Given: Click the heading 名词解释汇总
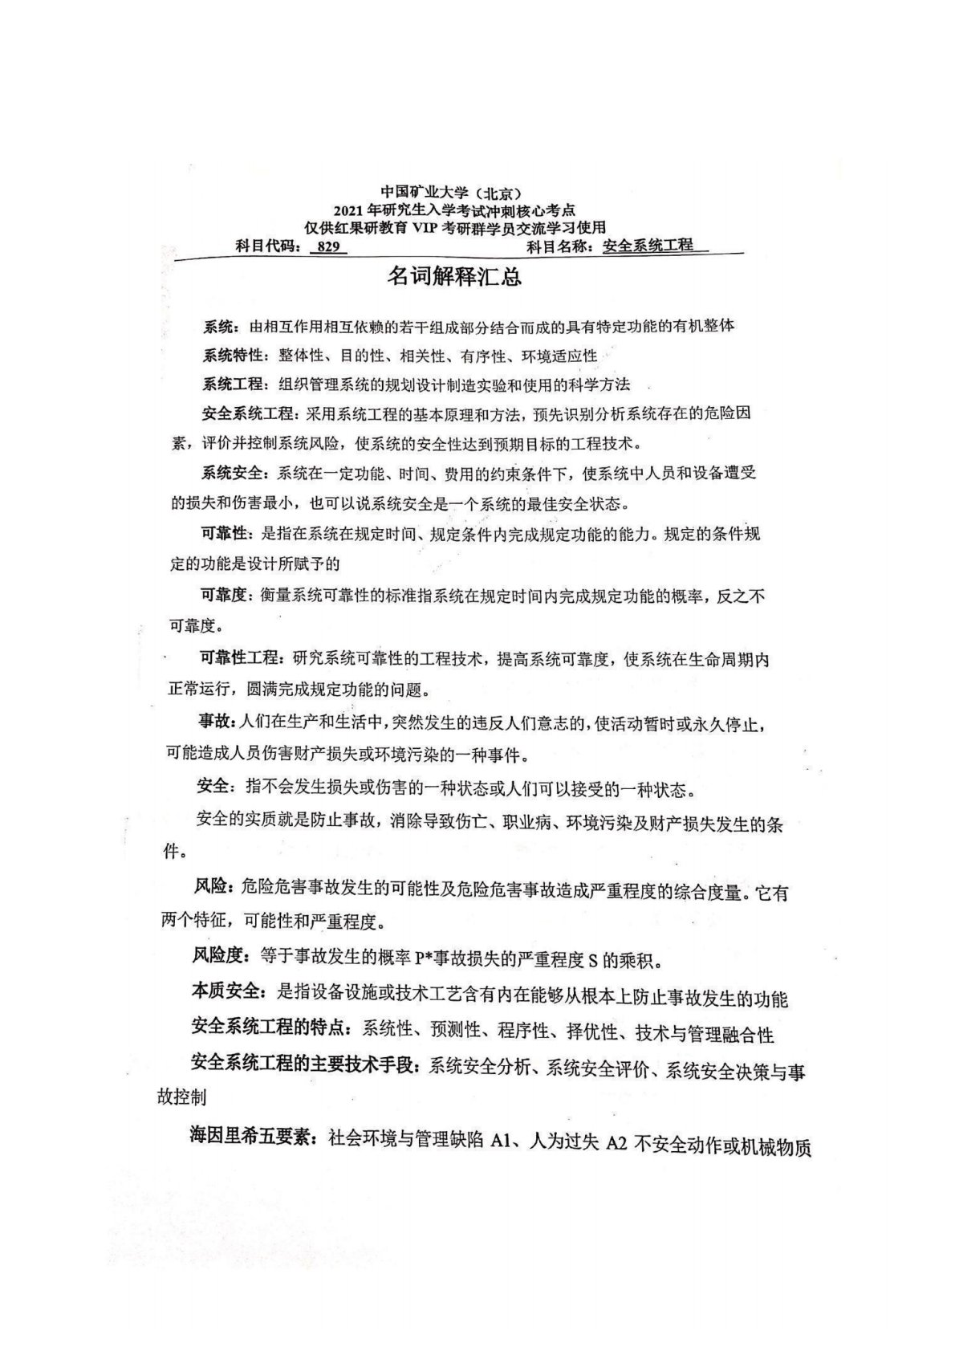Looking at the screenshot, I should click(x=455, y=277).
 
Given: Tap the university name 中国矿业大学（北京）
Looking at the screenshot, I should click(x=452, y=193).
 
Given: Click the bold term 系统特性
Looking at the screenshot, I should click(x=232, y=356).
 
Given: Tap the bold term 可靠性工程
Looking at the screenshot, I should click(x=240, y=659).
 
